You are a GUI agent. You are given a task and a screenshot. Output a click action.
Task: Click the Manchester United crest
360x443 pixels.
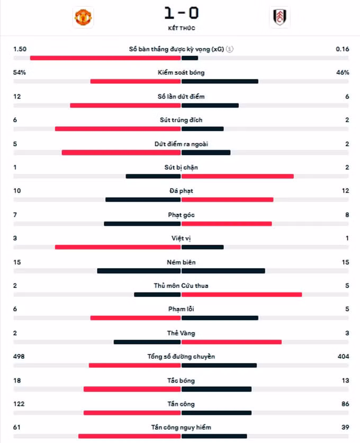pos(83,17)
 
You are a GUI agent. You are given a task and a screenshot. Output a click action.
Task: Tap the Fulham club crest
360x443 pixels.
pos(280,17)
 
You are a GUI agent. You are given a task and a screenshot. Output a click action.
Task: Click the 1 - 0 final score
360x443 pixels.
pos(182,13)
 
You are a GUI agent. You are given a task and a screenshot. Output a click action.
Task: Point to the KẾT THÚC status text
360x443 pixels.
pos(182,28)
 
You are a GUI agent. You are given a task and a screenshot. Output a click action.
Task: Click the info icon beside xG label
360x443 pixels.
pos(230,49)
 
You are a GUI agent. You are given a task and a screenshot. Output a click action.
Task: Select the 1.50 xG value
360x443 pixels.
pos(20,49)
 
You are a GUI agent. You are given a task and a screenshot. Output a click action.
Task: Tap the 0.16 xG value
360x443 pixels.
pos(342,49)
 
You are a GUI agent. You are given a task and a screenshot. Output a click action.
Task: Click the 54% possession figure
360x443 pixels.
pos(19,72)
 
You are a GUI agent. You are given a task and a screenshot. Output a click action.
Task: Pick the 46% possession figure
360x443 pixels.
pos(343,72)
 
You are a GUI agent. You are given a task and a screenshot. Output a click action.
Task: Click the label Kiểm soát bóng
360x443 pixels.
pos(181,72)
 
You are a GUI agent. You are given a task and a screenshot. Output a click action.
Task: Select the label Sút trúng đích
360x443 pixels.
pos(181,120)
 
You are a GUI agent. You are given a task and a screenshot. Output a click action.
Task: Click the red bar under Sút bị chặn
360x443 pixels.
pos(238,176)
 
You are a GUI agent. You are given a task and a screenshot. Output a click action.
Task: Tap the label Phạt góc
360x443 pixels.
pos(181,215)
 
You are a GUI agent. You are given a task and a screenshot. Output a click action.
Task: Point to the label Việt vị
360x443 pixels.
pos(181,238)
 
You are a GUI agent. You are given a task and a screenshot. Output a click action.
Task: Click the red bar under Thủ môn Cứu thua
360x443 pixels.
pos(242,295)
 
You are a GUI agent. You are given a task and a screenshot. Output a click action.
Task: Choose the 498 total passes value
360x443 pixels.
pos(19,356)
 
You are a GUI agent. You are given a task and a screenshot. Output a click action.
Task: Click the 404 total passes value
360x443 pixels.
pos(344,356)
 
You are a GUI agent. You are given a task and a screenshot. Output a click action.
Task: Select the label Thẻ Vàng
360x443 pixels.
pos(181,333)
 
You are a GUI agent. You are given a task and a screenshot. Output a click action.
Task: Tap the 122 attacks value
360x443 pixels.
pos(19,404)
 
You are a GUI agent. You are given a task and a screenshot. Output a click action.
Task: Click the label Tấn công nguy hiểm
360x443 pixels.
pos(181,427)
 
